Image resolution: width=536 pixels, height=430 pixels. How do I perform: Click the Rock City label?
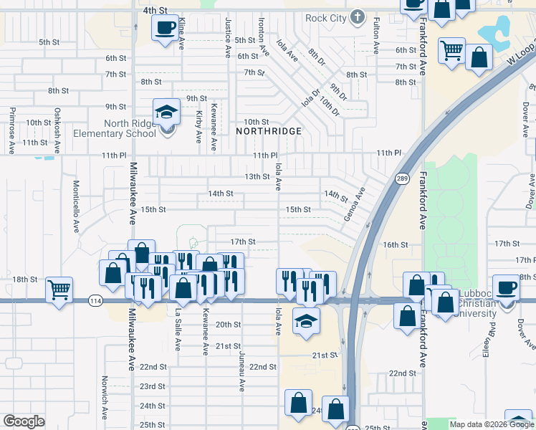tap(325, 18)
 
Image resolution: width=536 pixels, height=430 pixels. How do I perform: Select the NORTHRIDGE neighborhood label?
tap(269, 132)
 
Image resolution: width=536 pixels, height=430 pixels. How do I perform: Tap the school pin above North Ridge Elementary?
tap(166, 112)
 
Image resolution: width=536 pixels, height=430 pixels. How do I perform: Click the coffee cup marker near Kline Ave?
tap(166, 29)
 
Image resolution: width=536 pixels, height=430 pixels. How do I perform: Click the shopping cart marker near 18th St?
tap(59, 290)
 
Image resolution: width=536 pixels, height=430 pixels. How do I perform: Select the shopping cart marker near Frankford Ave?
tap(451, 50)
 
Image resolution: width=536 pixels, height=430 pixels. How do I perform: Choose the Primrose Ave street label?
tap(12, 130)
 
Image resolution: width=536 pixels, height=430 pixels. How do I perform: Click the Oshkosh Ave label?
tap(57, 130)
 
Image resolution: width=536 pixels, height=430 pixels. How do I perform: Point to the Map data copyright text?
tap(491, 424)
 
